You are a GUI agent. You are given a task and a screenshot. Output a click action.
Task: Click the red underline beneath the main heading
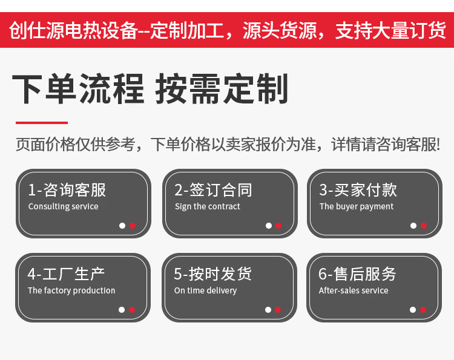coord(41,122)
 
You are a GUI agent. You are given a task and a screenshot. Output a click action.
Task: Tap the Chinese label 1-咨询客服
coord(67,190)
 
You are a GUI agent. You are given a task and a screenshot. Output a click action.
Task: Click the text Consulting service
coord(63,206)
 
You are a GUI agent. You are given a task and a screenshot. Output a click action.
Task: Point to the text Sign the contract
coord(207,206)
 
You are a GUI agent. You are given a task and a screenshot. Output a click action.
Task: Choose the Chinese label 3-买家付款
coord(358,190)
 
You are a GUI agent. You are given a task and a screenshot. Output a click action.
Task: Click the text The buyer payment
coord(356,206)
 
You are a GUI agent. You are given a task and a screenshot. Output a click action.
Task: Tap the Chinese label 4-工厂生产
coord(66,274)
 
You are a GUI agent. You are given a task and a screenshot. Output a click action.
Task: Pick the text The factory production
coord(71,290)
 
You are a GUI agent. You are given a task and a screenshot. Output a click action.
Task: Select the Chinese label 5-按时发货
coord(213,274)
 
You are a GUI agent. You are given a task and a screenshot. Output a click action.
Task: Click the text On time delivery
coord(205,290)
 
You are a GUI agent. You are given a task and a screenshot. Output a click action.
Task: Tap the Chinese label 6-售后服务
coord(357,274)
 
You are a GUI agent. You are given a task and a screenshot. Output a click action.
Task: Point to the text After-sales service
coord(354,290)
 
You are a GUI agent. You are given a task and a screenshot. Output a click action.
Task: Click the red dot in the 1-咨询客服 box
coord(133,226)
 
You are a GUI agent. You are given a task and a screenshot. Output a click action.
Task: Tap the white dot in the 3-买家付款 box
coord(413,226)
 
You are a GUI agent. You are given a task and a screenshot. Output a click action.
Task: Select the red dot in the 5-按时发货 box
coord(278,310)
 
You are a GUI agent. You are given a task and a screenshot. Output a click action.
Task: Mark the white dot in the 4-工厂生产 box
coord(122,310)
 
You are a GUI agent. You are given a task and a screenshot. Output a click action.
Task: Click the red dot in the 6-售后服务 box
coord(423,310)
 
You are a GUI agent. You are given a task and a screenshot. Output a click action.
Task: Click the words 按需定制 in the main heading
coord(222,90)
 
